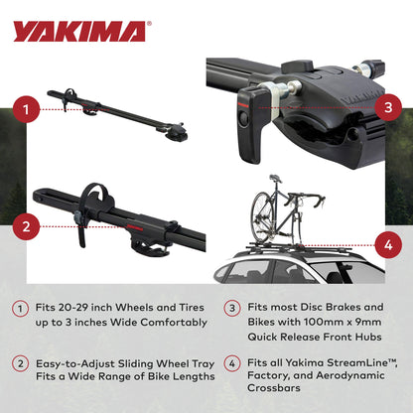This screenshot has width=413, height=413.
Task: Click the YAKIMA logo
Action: point(79,32)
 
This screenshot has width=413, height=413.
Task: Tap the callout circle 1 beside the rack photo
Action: point(29,106)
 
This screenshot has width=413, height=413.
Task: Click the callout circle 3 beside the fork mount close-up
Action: point(388,106)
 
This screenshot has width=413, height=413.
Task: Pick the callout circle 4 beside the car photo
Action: point(388,242)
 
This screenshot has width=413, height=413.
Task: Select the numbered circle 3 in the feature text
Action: point(230,309)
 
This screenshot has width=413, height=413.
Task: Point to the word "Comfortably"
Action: point(160,324)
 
